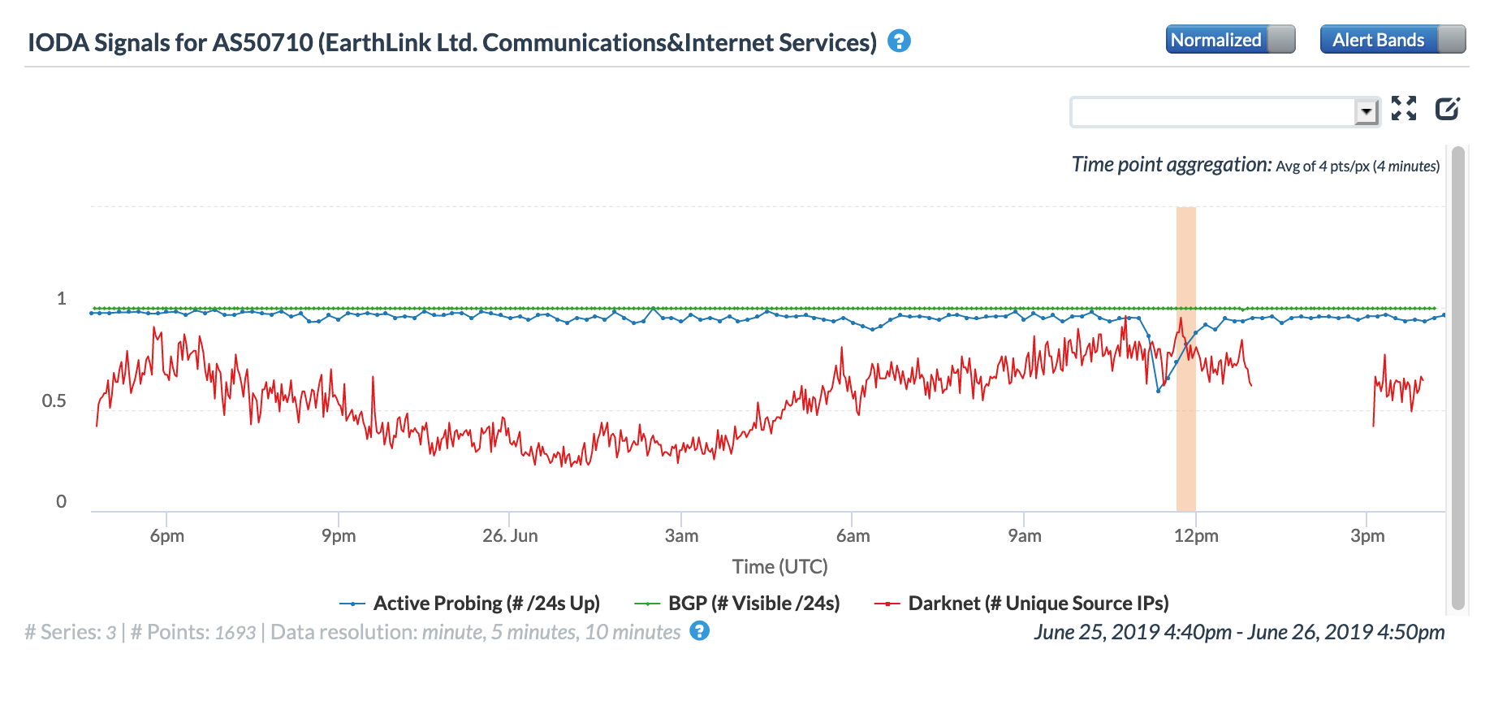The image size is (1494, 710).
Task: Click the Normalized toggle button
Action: [x=1229, y=40]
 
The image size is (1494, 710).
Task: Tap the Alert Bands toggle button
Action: [x=1392, y=40]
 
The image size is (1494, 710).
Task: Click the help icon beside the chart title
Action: [x=899, y=41]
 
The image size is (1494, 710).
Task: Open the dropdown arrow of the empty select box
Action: [x=1367, y=111]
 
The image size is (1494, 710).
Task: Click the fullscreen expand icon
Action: [x=1404, y=108]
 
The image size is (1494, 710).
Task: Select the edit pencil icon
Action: [x=1448, y=108]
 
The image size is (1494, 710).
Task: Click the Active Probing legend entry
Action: [x=470, y=604]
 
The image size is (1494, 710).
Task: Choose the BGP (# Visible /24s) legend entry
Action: [x=737, y=604]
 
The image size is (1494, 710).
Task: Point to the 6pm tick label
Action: [x=167, y=536]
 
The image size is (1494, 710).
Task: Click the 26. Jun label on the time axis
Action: [x=510, y=536]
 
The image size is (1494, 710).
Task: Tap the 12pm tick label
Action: [x=1196, y=536]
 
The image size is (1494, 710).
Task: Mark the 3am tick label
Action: [x=681, y=536]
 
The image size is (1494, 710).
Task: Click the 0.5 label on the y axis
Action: [x=54, y=401]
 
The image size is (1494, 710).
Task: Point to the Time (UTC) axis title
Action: [x=779, y=567]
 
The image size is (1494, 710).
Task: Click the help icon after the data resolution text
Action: [x=699, y=631]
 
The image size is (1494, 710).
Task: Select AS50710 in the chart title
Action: [x=262, y=43]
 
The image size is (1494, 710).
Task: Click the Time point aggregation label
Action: [x=1171, y=165]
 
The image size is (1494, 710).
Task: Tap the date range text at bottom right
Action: [x=1239, y=633]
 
